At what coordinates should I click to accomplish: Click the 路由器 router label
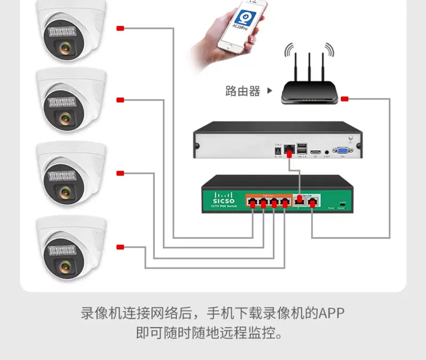point(243,91)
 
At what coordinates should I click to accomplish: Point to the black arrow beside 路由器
point(269,91)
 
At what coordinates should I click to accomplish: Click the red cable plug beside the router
point(345,99)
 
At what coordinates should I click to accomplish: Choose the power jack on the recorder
point(277,151)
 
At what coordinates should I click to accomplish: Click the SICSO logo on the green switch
point(224,201)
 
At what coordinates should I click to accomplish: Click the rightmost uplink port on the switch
point(314,201)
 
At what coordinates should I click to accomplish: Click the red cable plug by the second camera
point(120,100)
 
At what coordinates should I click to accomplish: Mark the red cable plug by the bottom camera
point(120,247)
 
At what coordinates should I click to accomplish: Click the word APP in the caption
point(332,313)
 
